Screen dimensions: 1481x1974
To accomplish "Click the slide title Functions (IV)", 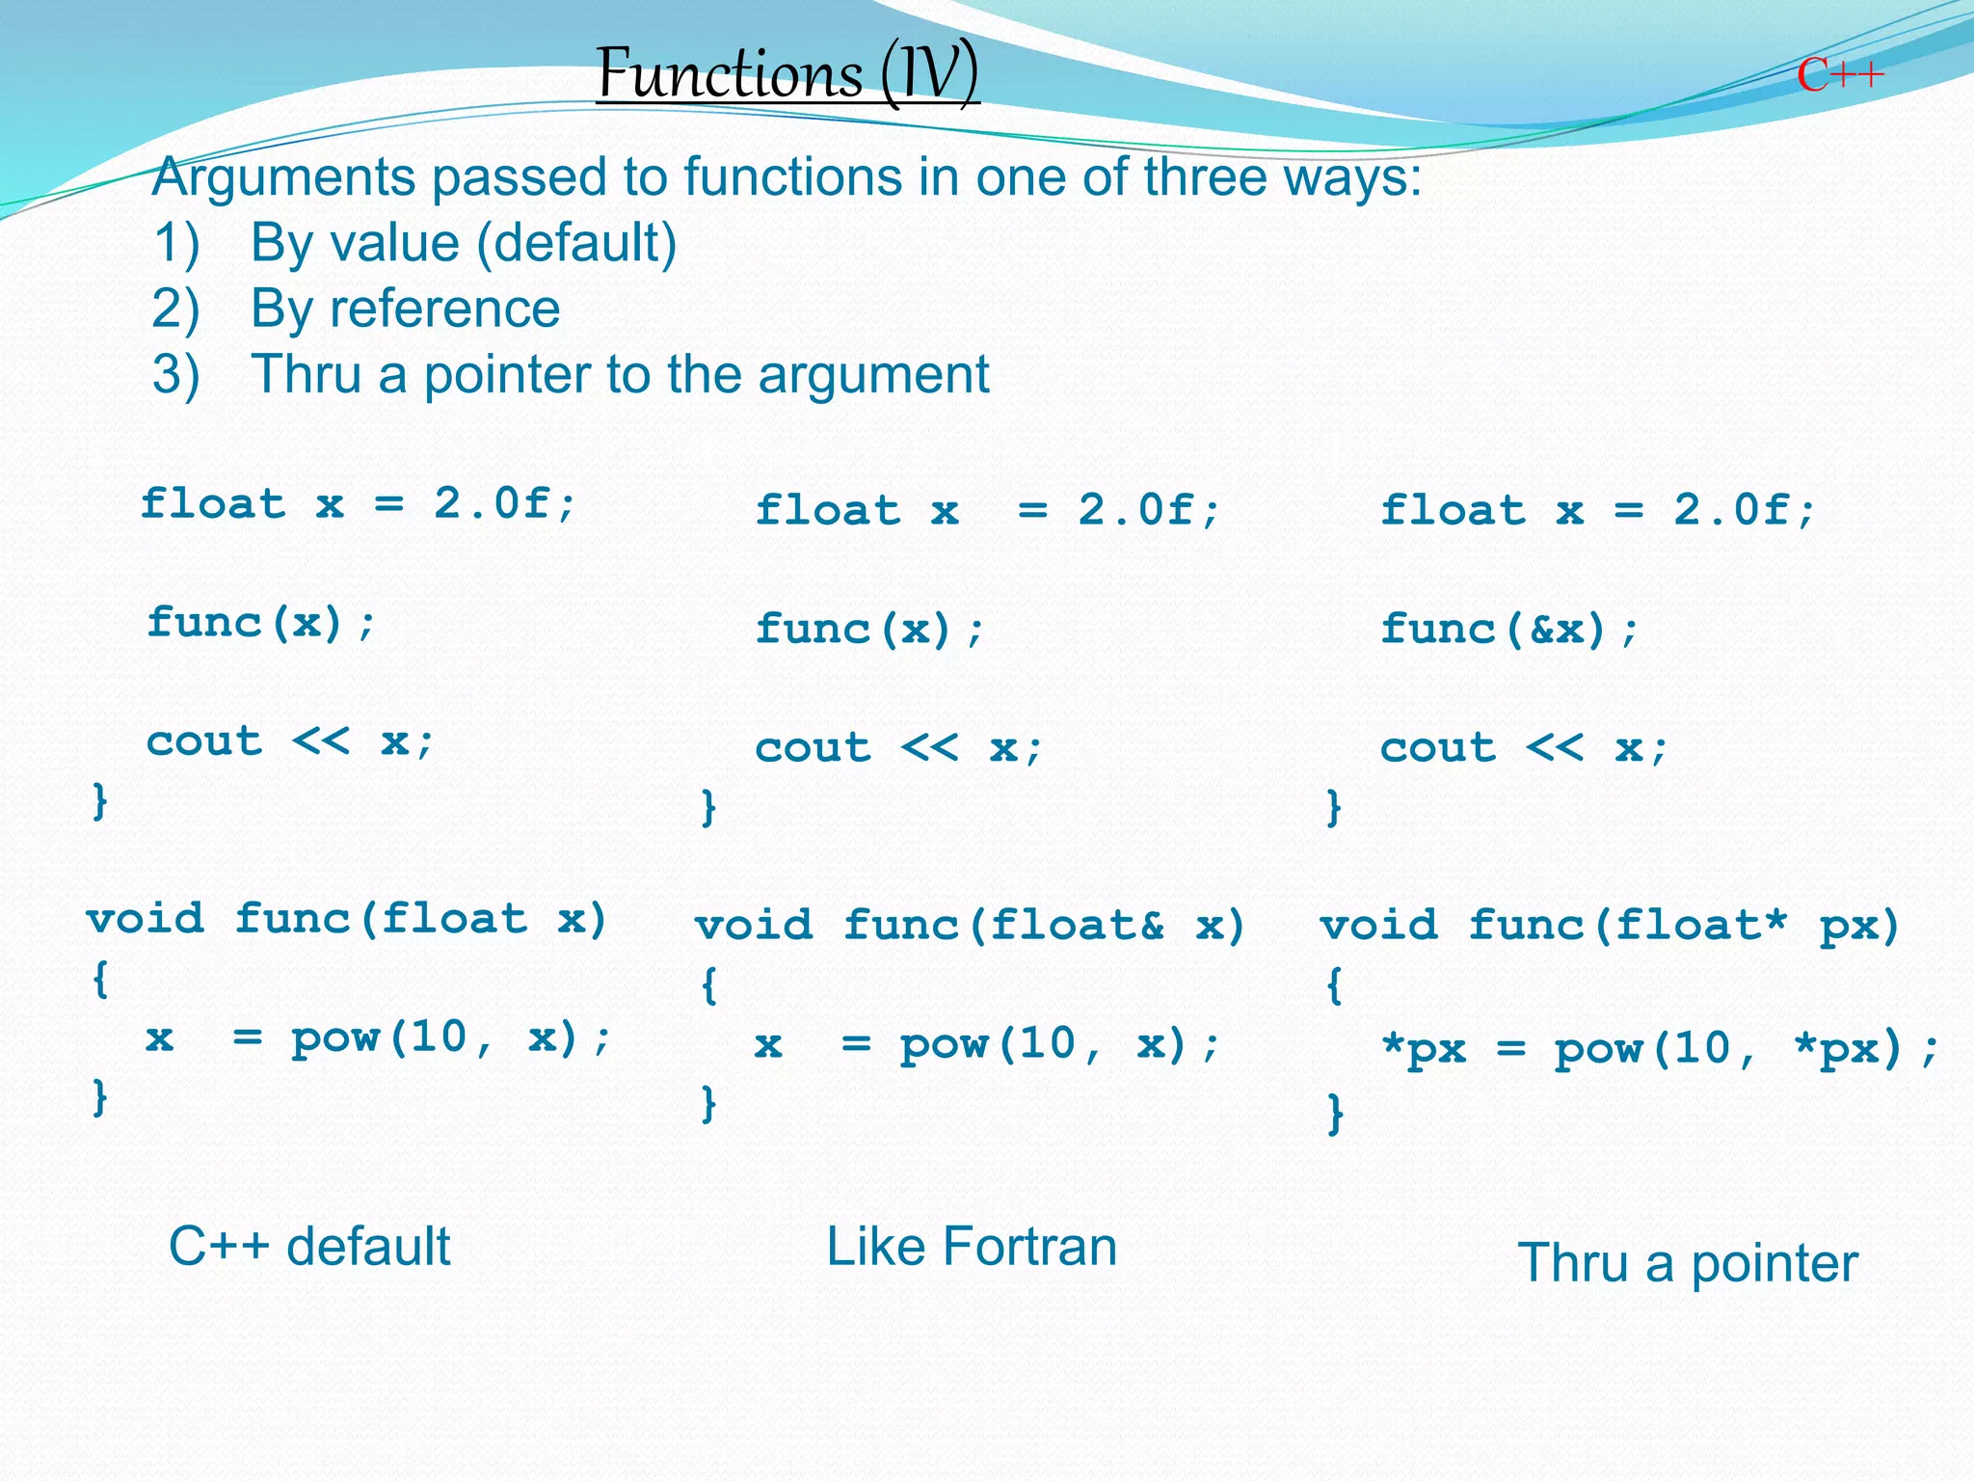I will pyautogui.click(x=787, y=73).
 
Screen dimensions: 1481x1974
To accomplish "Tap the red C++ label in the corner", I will pyautogui.click(x=1839, y=75).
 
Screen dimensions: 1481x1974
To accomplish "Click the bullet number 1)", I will pyautogui.click(x=175, y=243).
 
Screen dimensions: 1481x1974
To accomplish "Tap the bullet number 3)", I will pyautogui.click(x=175, y=374).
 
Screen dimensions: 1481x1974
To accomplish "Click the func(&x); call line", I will pyautogui.click(x=1509, y=630).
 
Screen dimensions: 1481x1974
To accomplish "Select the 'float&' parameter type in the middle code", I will pyautogui.click(x=1078, y=926).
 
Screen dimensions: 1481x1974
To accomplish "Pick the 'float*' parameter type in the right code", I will pyautogui.click(x=1701, y=926).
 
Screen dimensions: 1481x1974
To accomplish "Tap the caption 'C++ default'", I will pyautogui.click(x=309, y=1246).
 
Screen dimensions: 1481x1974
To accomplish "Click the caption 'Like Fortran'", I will pyautogui.click(x=972, y=1246).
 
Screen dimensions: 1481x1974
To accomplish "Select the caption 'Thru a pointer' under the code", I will pyautogui.click(x=1687, y=1263).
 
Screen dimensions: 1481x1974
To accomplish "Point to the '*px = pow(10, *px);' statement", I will pyautogui.click(x=1658, y=1049).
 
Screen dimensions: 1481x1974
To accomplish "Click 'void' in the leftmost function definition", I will pyautogui.click(x=146, y=919).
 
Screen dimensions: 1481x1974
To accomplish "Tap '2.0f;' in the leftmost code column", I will pyautogui.click(x=505, y=503).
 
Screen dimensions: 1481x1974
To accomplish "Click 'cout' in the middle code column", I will pyautogui.click(x=813, y=748).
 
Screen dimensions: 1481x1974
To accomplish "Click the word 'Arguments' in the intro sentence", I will pyautogui.click(x=282, y=177).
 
